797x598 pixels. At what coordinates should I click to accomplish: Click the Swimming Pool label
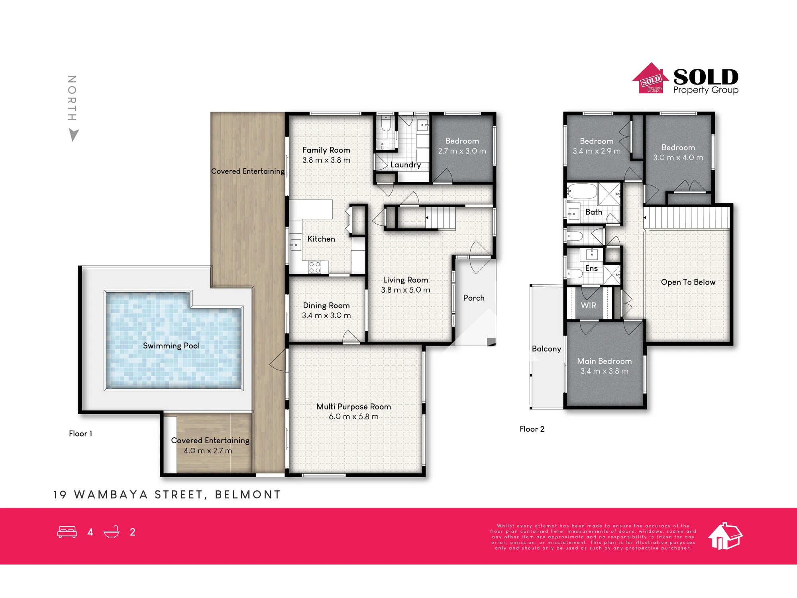(171, 346)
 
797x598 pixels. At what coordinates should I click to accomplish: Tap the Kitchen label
(321, 239)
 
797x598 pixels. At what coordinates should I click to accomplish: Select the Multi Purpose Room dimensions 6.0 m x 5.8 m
(353, 417)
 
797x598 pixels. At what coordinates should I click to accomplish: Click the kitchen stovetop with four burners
(315, 267)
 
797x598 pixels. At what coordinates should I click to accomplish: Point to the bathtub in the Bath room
(582, 191)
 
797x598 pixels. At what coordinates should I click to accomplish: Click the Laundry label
(406, 165)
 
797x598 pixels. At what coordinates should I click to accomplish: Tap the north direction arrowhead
(74, 135)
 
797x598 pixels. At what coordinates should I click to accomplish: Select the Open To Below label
(688, 282)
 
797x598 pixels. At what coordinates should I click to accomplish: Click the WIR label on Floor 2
(589, 305)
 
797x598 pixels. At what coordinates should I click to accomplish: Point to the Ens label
(591, 268)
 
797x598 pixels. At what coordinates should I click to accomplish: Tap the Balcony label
(546, 349)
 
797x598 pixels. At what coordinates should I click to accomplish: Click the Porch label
(474, 298)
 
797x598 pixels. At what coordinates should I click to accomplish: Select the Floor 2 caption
(532, 429)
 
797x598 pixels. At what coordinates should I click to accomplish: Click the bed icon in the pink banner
(67, 532)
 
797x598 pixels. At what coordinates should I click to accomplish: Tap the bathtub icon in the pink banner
(112, 532)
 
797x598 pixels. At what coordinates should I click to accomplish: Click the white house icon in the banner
(725, 536)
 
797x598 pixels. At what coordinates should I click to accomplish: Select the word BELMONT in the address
(248, 495)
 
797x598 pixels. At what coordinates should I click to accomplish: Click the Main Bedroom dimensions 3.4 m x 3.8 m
(605, 371)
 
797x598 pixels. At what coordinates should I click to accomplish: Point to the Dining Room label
(326, 305)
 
